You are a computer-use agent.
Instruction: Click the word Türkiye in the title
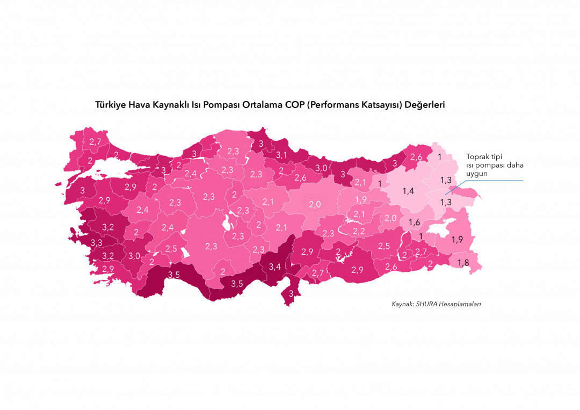click(x=111, y=105)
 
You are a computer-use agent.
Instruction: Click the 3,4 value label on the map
click(x=275, y=267)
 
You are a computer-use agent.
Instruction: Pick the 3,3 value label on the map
click(x=97, y=243)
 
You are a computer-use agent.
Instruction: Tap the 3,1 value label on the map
click(x=282, y=155)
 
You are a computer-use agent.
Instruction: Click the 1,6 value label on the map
click(x=414, y=222)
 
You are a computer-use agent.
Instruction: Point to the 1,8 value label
click(x=462, y=262)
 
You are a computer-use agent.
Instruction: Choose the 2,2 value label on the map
click(x=359, y=231)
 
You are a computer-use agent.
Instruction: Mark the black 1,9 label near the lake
click(x=457, y=240)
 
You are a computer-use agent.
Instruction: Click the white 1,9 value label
click(x=360, y=199)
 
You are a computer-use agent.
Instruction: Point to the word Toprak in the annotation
click(x=477, y=156)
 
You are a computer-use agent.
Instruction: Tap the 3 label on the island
click(x=291, y=293)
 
